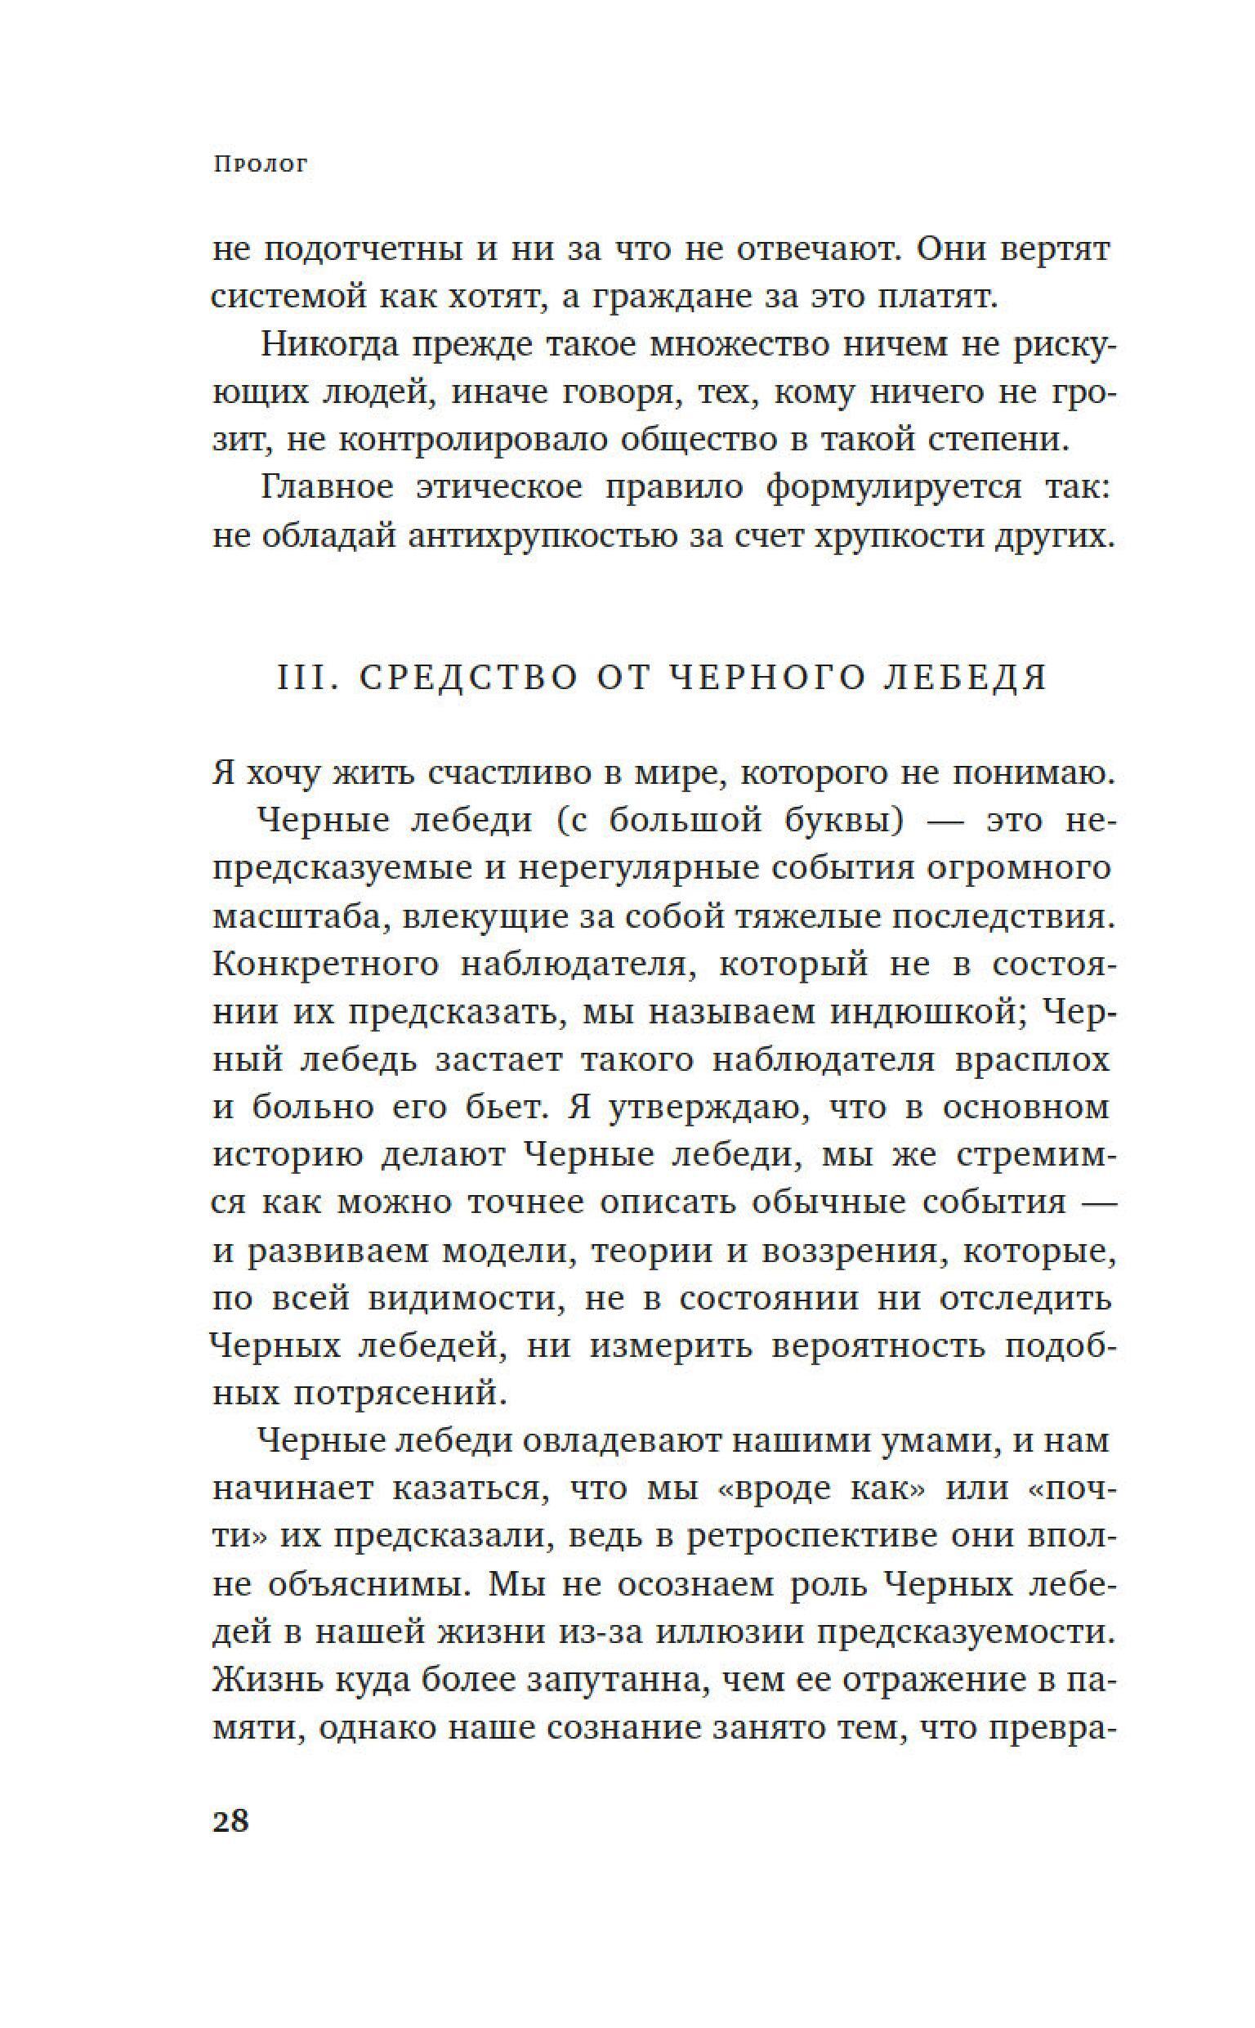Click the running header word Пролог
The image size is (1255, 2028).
click(260, 164)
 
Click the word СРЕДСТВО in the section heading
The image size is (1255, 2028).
click(469, 678)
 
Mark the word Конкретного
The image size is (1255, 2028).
click(325, 963)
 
